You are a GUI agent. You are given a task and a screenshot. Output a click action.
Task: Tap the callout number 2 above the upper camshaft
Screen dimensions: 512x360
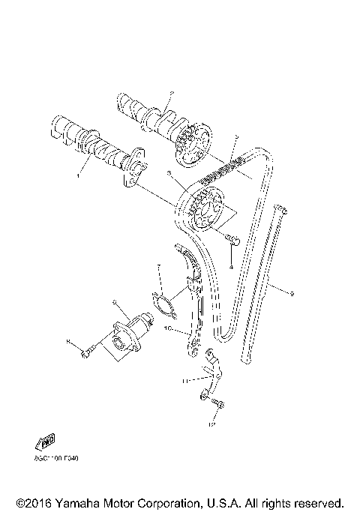(171, 94)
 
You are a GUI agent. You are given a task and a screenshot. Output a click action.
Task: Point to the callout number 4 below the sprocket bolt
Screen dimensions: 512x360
(232, 266)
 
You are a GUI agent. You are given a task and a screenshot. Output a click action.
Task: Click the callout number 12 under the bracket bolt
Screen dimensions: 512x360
(212, 424)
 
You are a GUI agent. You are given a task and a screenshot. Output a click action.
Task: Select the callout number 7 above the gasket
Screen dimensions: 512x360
(158, 266)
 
